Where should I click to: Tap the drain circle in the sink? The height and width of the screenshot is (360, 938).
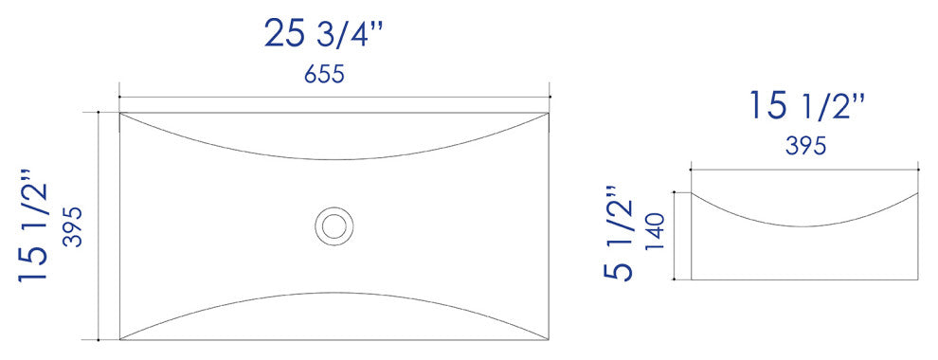pyautogui.click(x=334, y=226)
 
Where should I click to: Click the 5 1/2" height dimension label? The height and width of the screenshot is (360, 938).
pyautogui.click(x=619, y=233)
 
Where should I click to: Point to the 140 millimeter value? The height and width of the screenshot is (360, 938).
pyautogui.click(x=655, y=232)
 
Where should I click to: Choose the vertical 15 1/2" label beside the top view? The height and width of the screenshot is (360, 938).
pyautogui.click(x=33, y=226)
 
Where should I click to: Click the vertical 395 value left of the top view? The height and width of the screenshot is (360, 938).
pyautogui.click(x=72, y=226)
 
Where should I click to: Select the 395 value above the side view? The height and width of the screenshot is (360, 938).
pyautogui.click(x=805, y=146)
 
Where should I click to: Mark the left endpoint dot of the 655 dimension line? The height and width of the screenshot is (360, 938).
pyautogui.click(x=119, y=97)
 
